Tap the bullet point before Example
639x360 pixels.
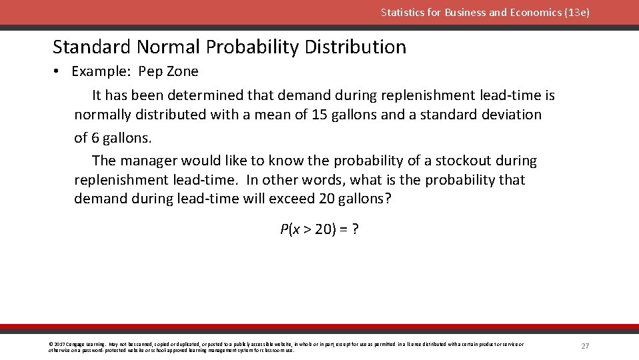point(58,71)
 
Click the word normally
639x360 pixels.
point(103,115)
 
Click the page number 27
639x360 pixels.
point(585,346)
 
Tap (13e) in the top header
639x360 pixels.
point(575,13)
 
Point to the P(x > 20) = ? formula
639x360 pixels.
point(319,230)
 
